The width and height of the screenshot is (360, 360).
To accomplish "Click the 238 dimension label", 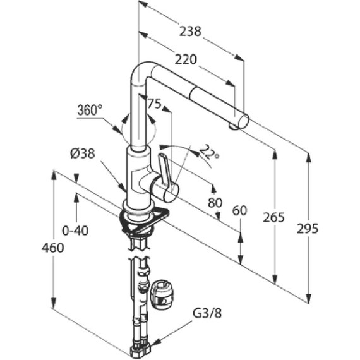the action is pyautogui.click(x=190, y=31).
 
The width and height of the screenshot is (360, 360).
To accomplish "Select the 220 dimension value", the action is pyautogui.click(x=186, y=59).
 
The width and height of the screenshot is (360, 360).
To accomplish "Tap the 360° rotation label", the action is pyautogui.click(x=90, y=110).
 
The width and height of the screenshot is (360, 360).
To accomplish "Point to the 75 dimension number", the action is pyautogui.click(x=155, y=104).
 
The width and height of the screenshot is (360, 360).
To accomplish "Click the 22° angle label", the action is pyautogui.click(x=210, y=152).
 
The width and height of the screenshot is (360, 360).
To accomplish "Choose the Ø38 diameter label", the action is pyautogui.click(x=83, y=153).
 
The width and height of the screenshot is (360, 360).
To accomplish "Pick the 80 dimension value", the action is pyautogui.click(x=215, y=203).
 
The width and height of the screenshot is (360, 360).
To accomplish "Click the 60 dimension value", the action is pyautogui.click(x=239, y=210).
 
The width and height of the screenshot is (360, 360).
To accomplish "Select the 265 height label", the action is pyautogui.click(x=273, y=217).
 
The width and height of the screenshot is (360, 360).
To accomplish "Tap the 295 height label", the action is pyautogui.click(x=308, y=229).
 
